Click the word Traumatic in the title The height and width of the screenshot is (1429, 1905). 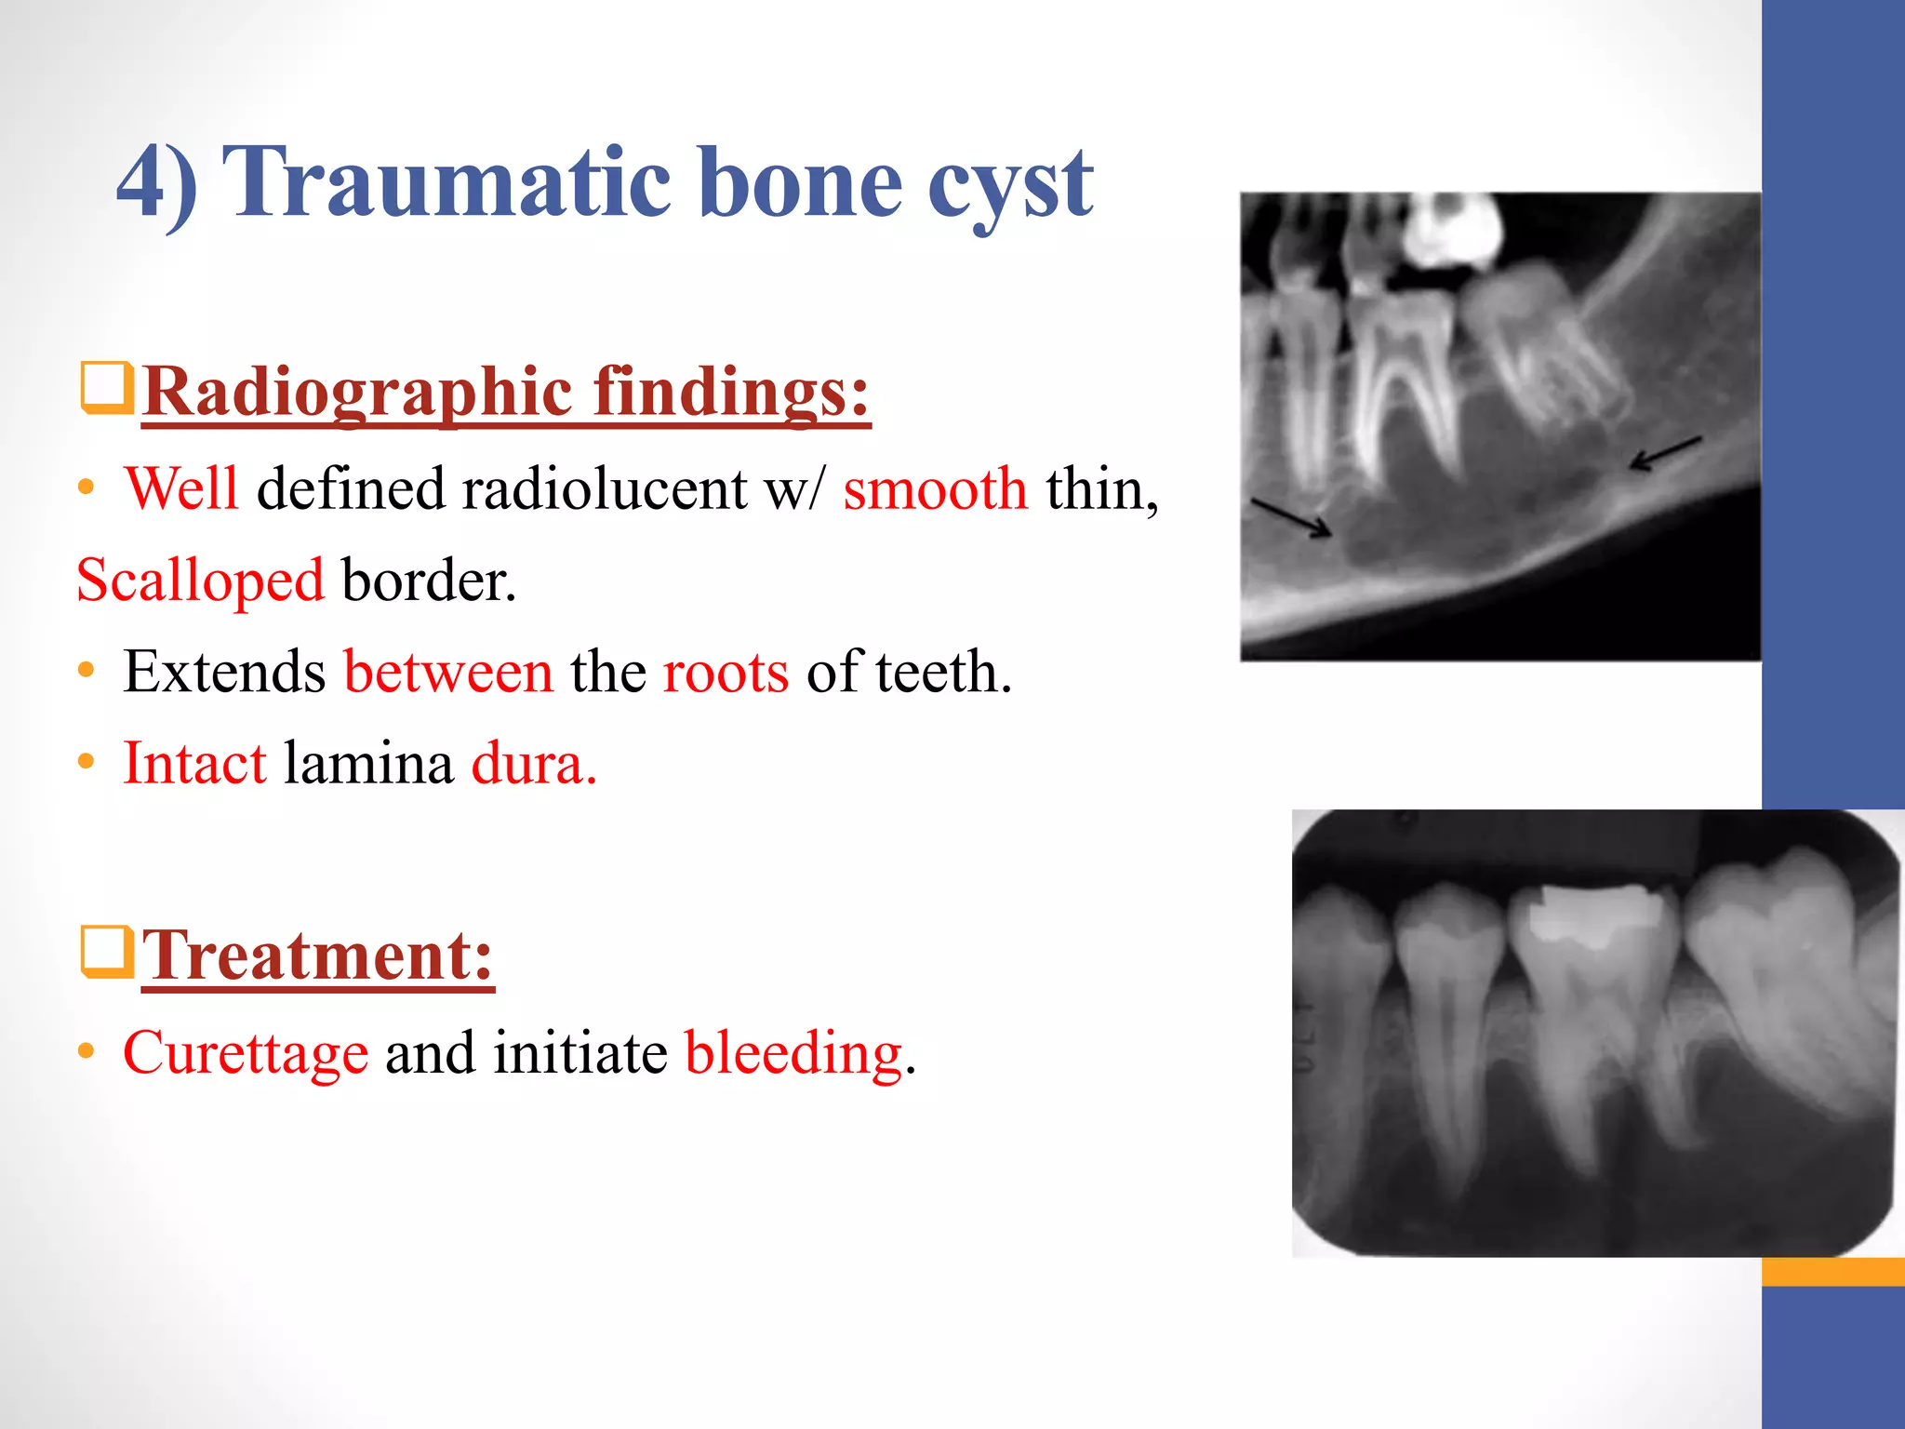click(446, 183)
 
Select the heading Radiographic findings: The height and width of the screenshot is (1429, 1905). click(506, 392)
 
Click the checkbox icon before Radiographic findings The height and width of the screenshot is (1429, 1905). click(106, 388)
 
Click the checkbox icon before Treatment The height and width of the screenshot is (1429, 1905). click(106, 952)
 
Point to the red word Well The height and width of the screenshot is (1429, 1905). click(182, 488)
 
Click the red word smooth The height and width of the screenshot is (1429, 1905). click(935, 488)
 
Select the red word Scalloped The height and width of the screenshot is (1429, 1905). click(200, 581)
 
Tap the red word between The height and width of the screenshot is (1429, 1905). click(448, 672)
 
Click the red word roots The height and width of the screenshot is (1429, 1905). click(726, 672)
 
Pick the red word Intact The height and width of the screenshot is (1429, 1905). click(195, 764)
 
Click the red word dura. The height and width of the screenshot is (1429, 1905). click(533, 764)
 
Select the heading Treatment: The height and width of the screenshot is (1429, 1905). click(317, 955)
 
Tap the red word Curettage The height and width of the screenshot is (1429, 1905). click(246, 1053)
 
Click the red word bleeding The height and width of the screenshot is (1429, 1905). click(793, 1053)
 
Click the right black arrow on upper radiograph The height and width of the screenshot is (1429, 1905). click(1666, 453)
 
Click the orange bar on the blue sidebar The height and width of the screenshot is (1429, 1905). click(1832, 1271)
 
